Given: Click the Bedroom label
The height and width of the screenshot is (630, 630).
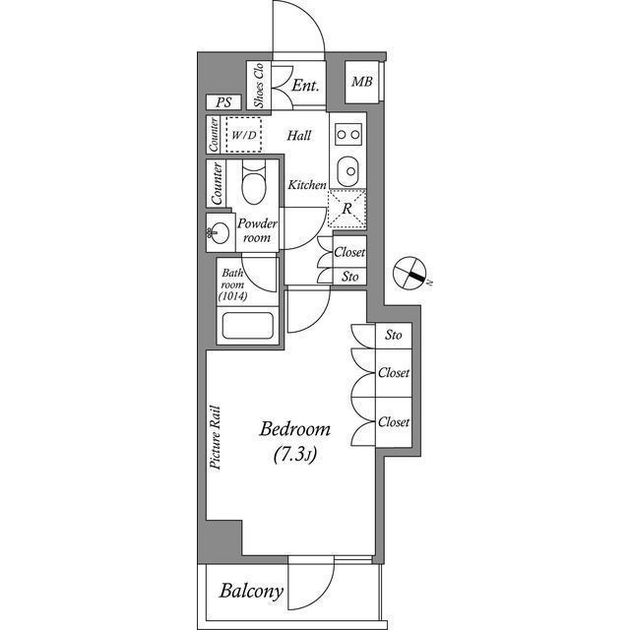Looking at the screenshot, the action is coord(295,429).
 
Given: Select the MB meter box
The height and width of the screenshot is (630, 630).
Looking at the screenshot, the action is coord(362,82).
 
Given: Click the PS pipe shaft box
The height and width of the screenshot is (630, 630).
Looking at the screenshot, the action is coord(223,102).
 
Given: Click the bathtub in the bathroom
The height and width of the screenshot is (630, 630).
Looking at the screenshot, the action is coord(247,326).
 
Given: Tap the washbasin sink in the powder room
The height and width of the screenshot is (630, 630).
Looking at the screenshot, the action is coord(219,232).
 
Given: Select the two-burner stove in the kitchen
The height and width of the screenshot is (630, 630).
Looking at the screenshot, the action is coord(348,135).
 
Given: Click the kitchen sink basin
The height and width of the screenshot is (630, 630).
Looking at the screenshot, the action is coord(347,171).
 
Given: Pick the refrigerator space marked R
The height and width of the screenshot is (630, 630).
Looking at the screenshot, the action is coord(347,209).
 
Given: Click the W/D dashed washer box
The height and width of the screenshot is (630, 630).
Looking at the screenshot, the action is coord(243,135).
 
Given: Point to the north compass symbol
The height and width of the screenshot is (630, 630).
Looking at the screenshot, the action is coord(409,274).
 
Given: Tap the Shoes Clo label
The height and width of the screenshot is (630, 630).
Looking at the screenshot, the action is coord(259,86).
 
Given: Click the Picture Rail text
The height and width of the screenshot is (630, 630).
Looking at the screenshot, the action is coord(216,437).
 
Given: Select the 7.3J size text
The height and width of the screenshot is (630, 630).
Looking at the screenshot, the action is coord(295,455).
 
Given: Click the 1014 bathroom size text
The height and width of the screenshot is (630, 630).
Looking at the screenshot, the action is coord(232,296).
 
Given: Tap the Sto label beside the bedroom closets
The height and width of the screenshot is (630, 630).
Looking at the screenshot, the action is coord(394,335).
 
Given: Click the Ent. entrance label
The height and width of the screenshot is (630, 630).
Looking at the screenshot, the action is coord(305,86).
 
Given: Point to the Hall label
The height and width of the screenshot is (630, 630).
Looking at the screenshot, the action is coord(299,136).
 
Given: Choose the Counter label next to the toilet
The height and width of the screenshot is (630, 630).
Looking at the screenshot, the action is coord(217,183).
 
